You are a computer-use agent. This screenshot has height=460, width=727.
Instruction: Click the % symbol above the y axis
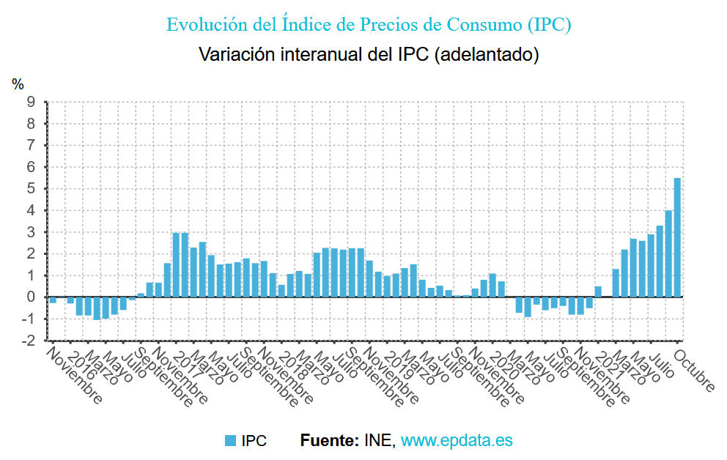click(x=18, y=85)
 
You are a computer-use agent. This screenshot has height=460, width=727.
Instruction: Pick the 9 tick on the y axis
click(x=32, y=102)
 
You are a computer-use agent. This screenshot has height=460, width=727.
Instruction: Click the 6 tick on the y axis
click(x=32, y=167)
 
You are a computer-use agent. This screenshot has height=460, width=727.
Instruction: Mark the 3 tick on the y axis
click(x=32, y=232)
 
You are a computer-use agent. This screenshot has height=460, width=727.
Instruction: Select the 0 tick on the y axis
click(x=32, y=297)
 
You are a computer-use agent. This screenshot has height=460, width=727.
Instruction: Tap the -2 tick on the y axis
click(x=29, y=341)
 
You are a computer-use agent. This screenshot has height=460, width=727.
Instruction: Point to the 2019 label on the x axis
click(x=396, y=360)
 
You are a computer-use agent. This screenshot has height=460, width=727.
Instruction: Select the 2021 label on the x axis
click(x=608, y=360)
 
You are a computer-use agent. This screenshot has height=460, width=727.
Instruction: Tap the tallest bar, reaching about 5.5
click(x=677, y=238)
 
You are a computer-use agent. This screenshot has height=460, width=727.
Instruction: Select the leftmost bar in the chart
click(x=53, y=300)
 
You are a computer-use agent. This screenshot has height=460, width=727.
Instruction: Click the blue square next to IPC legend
click(x=230, y=441)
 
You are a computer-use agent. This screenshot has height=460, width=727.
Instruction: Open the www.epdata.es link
click(x=457, y=441)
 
